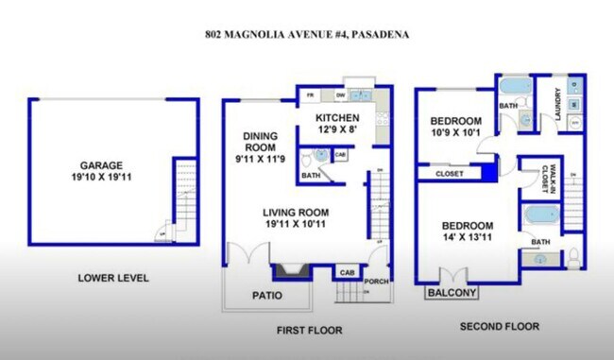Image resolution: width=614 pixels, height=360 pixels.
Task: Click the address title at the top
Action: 307,36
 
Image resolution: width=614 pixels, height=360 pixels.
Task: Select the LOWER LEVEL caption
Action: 112,278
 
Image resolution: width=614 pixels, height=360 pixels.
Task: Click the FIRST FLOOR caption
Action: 309,330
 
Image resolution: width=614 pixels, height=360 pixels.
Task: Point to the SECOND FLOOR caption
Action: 499,326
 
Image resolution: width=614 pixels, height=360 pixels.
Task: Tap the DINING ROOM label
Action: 258,146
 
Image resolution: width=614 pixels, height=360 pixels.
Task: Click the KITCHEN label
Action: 337,123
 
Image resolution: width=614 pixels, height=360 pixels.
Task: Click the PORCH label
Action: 377,281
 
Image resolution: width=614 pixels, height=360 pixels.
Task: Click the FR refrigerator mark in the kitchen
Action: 310,96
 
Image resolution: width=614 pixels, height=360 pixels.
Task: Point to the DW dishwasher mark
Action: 338,95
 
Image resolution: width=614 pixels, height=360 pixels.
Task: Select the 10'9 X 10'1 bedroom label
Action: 455,127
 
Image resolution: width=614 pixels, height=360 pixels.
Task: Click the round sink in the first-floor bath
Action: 319,155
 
